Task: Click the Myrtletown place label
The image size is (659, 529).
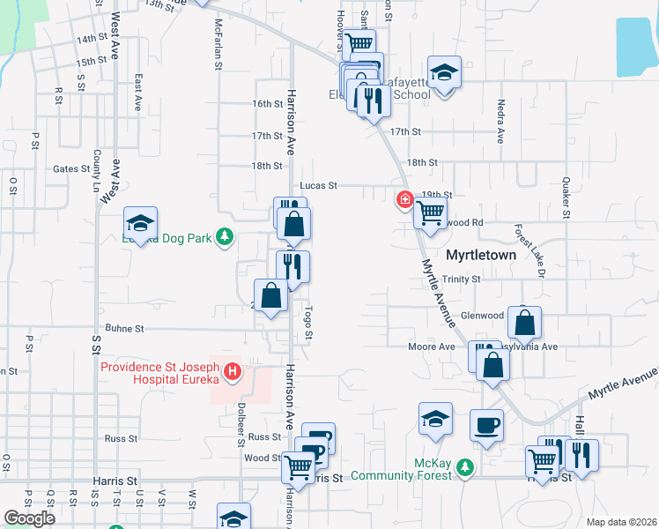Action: [x=481, y=255]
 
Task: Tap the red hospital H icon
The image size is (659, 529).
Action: [x=233, y=373]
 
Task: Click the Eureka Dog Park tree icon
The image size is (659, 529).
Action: [x=226, y=236]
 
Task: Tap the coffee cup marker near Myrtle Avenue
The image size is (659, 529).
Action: [x=486, y=426]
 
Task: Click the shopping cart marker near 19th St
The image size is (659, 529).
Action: [x=430, y=212]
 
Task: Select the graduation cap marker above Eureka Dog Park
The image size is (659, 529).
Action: [x=141, y=222]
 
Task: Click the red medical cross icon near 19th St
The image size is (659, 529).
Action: [x=404, y=200]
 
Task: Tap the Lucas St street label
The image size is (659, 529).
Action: [x=319, y=186]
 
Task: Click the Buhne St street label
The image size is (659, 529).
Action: [x=124, y=329]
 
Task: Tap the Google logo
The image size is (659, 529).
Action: [x=29, y=518]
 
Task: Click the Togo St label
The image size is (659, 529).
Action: [x=308, y=323]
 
